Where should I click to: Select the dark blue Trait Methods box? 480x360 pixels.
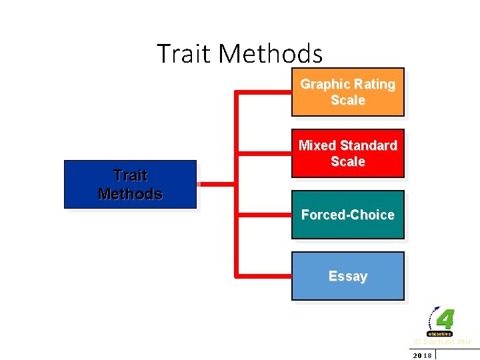[x=130, y=185]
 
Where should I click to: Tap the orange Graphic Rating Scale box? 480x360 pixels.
[x=347, y=92]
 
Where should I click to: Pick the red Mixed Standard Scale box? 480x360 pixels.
[x=347, y=153]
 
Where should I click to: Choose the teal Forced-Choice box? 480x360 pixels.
[x=347, y=215]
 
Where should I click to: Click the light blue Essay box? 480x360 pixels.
[x=347, y=276]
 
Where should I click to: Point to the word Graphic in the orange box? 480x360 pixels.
[x=325, y=85]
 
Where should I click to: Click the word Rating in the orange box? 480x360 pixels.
[x=375, y=85]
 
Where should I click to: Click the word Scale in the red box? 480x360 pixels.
[x=347, y=161]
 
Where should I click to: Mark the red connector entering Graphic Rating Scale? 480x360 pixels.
[x=263, y=92]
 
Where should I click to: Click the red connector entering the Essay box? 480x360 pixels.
[x=263, y=274]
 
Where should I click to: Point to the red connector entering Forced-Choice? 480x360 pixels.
[x=263, y=215]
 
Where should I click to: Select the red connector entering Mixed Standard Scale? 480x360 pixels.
[x=263, y=153]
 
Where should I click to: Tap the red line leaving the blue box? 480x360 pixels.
[x=216, y=184]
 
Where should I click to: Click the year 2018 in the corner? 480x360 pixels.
[x=422, y=355]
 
